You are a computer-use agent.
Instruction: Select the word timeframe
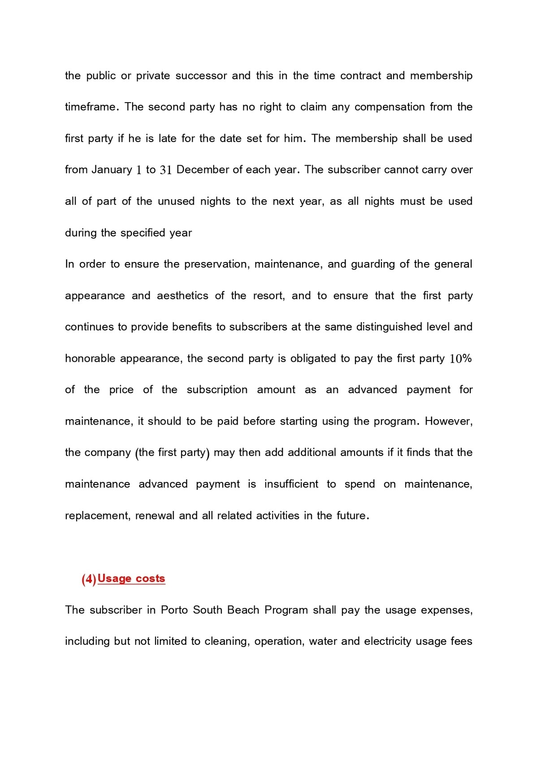coord(91,107)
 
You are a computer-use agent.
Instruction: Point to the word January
coord(112,170)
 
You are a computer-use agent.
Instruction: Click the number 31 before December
coord(166,170)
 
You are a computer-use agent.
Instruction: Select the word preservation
coord(215,264)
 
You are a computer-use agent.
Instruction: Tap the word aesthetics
coord(182,296)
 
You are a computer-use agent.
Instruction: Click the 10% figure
coord(460,358)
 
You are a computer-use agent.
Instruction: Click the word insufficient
coord(291,484)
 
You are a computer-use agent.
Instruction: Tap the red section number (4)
coord(89,579)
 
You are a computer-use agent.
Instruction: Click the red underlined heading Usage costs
coord(131,579)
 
